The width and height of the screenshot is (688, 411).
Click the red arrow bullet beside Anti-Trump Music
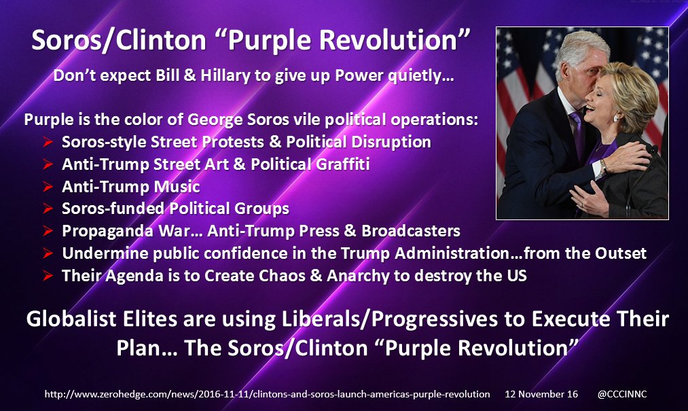pyautogui.click(x=48, y=187)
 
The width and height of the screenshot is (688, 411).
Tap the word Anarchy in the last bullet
pyautogui.click(x=358, y=276)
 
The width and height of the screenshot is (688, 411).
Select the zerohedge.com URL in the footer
pyautogui.click(x=267, y=394)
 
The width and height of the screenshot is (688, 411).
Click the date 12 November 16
pyautogui.click(x=541, y=394)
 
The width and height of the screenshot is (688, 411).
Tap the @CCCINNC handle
pyautogui.click(x=621, y=394)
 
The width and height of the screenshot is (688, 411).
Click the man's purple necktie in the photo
pyautogui.click(x=578, y=132)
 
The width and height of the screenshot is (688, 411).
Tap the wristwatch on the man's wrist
pyautogui.click(x=603, y=167)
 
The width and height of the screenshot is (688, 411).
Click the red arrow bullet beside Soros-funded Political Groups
pyautogui.click(x=48, y=209)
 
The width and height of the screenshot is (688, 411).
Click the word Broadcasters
pyautogui.click(x=411, y=231)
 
